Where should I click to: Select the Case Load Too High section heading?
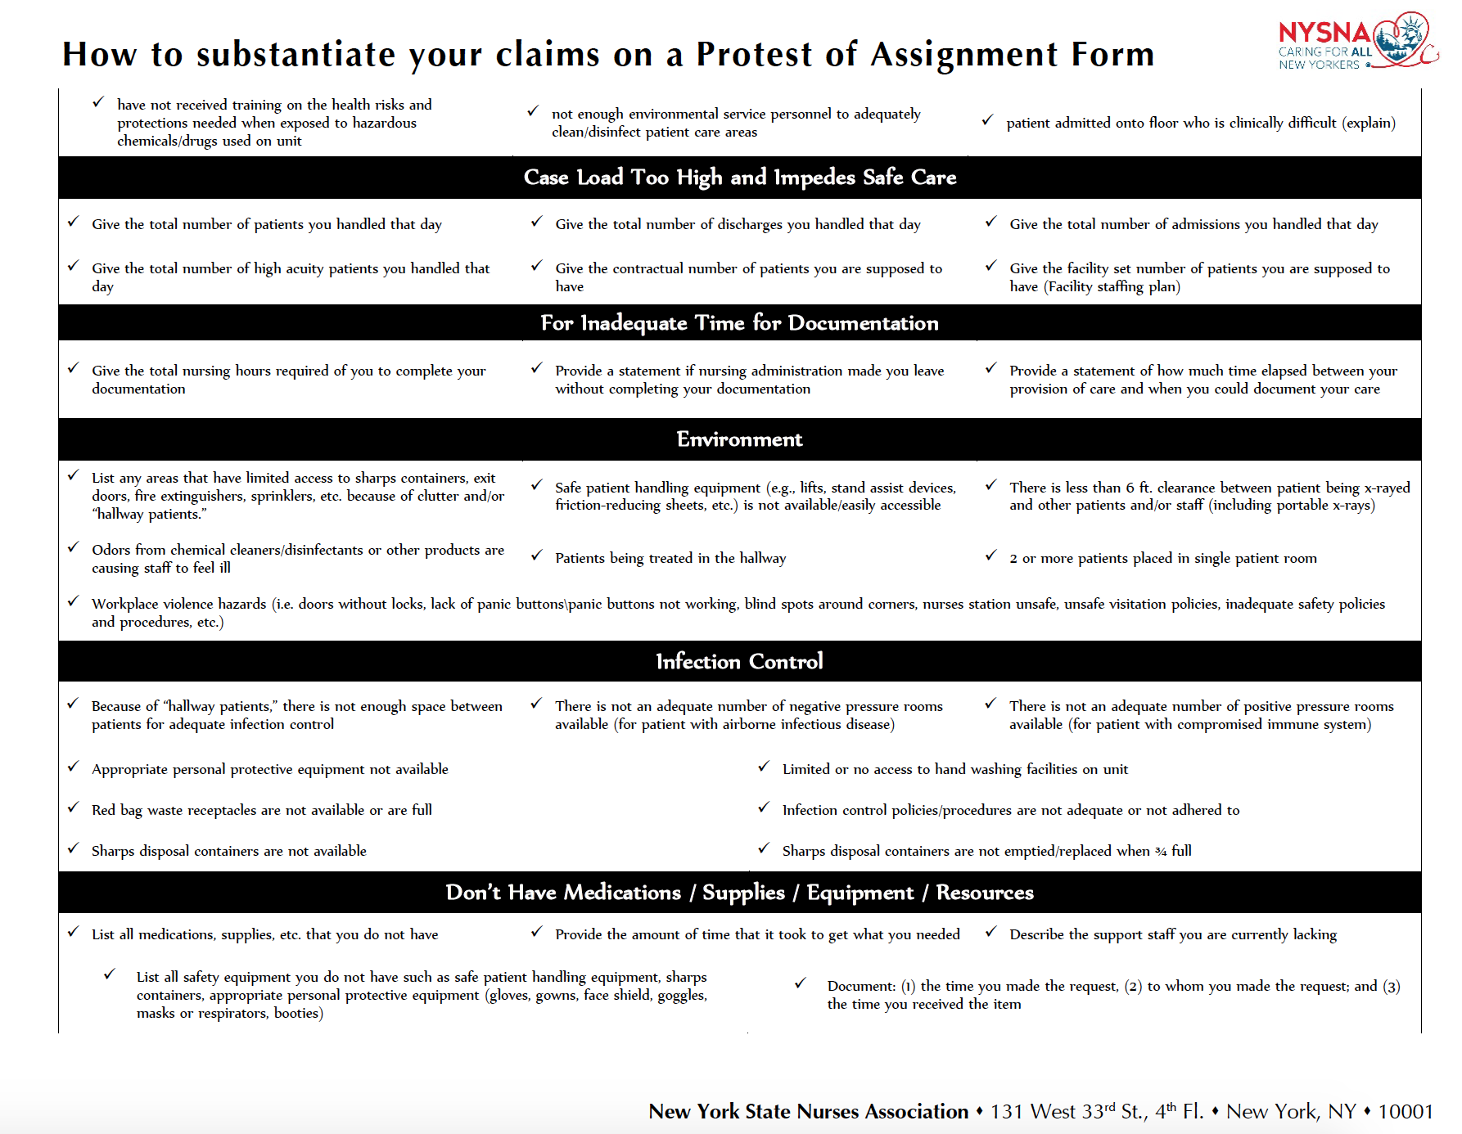click(739, 178)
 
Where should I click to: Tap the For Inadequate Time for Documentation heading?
click(739, 323)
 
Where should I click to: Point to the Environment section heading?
click(739, 439)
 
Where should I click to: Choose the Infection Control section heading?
click(739, 661)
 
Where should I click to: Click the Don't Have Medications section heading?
click(739, 893)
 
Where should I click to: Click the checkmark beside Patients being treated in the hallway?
click(537, 556)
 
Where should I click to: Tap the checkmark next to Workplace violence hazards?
click(74, 601)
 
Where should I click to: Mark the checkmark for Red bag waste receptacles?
click(74, 808)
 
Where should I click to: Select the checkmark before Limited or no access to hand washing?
click(764, 767)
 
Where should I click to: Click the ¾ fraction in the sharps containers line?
click(1161, 852)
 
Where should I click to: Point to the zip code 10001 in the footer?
click(1406, 1111)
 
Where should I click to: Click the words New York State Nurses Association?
click(808, 1111)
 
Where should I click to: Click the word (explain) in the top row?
click(1368, 123)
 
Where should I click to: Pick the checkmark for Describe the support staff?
click(990, 932)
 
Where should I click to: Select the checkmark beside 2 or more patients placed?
click(990, 556)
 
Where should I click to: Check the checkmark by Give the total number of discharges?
click(537, 222)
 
